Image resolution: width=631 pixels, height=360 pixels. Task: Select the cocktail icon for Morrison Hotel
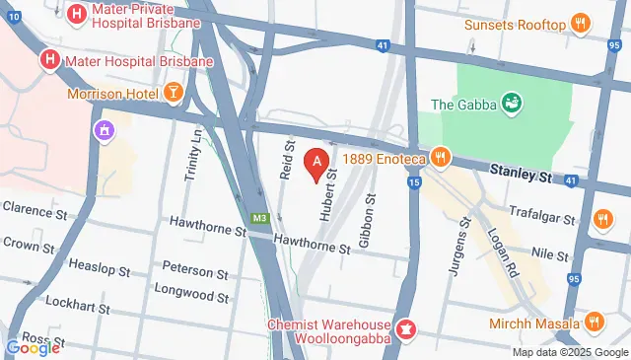[x=174, y=94]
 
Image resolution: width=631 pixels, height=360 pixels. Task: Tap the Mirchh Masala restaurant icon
[x=594, y=323]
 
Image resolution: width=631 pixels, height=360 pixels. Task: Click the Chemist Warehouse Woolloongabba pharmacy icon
[x=404, y=326]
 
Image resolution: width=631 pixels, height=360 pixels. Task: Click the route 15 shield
[x=413, y=183]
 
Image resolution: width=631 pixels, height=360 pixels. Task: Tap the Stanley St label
[x=521, y=175]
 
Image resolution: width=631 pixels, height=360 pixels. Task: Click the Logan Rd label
[x=503, y=252]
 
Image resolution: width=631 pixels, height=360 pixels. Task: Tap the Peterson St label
[x=194, y=269]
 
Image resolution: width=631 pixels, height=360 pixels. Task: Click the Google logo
[x=33, y=347]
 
